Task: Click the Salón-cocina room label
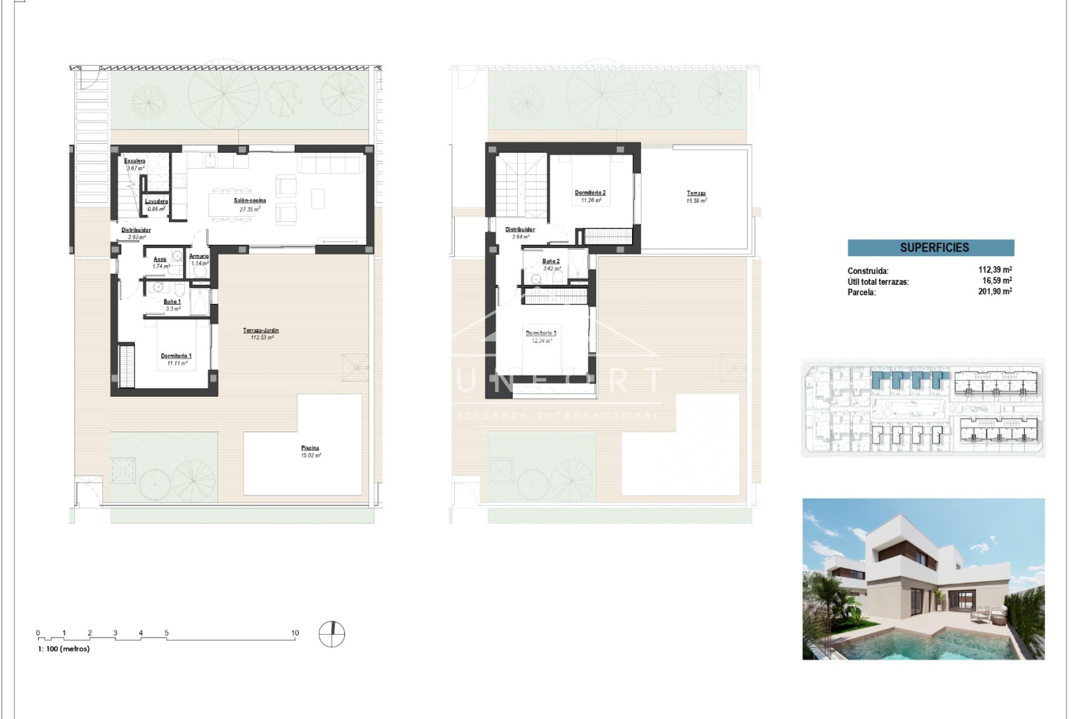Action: (x=250, y=201)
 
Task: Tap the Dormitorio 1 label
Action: (x=176, y=356)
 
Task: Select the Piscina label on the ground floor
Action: (x=310, y=448)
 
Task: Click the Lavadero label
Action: (x=156, y=202)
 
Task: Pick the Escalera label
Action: (x=135, y=161)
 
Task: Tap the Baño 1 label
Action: (x=172, y=302)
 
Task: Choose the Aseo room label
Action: (x=160, y=260)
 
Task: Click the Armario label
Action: (x=199, y=257)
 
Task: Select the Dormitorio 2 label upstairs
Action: (x=590, y=193)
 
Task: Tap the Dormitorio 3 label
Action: (x=541, y=334)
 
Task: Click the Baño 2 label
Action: (x=551, y=262)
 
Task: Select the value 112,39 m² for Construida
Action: (x=995, y=270)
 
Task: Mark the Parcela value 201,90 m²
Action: (x=995, y=292)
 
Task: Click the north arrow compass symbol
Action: (x=332, y=634)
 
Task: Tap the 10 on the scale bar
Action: (x=295, y=633)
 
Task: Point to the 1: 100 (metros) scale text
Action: (x=63, y=649)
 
